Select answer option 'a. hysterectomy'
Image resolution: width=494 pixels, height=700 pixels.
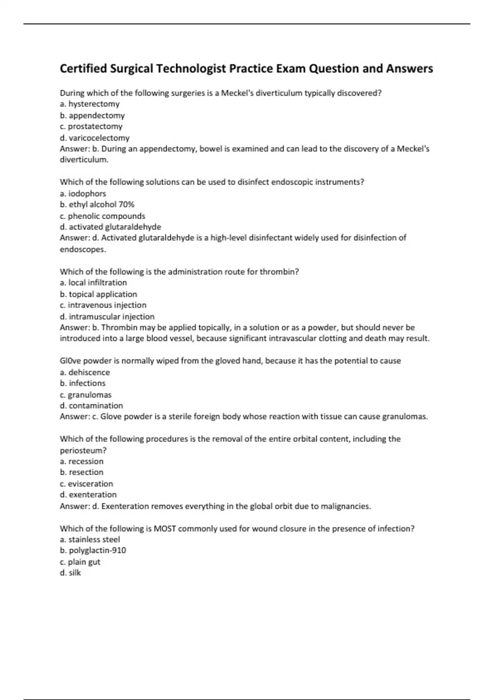click(x=90, y=104)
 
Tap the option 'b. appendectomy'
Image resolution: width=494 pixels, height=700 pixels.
click(x=92, y=115)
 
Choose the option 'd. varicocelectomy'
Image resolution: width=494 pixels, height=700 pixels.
click(x=95, y=138)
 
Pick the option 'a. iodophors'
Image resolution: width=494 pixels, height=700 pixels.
click(x=83, y=194)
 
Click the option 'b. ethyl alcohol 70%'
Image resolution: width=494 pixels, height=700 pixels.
click(x=97, y=205)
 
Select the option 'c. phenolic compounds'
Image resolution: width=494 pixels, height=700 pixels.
click(x=103, y=216)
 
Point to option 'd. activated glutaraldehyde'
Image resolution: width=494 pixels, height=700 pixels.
click(x=110, y=227)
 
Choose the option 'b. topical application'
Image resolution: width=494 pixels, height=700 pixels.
click(x=98, y=294)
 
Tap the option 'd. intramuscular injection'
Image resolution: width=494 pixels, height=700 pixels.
click(x=107, y=317)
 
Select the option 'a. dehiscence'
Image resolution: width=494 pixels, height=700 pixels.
click(x=85, y=373)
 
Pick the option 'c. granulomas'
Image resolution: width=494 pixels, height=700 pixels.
click(x=86, y=395)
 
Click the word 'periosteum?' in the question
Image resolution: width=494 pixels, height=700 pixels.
click(x=83, y=450)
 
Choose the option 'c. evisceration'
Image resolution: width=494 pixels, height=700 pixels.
click(x=86, y=484)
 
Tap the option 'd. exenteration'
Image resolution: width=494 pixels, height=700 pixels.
click(x=88, y=495)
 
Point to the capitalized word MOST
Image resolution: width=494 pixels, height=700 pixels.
click(x=165, y=529)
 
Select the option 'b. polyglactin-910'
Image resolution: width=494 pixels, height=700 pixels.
click(x=93, y=551)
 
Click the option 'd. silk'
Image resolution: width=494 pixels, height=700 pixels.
click(x=70, y=573)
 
